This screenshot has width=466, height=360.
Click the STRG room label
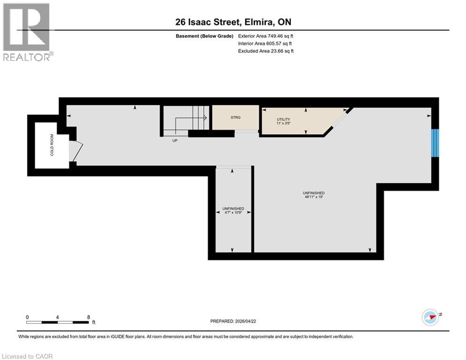pos(236,118)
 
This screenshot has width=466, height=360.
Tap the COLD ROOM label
pos(52,145)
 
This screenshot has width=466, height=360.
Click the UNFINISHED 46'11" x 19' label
pos(314,195)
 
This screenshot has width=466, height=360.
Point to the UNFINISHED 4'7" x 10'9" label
pos(232,210)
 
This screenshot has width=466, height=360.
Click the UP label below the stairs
pos(175,140)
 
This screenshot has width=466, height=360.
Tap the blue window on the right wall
pos(435,143)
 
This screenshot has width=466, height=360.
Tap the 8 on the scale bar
pos(89,317)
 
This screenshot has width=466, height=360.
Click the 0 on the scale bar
pos(27,317)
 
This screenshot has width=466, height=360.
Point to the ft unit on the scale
pos(94,322)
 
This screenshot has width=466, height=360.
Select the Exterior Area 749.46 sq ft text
pos(266,36)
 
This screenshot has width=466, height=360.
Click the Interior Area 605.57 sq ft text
pos(266,44)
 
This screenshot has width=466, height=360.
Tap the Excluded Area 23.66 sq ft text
pos(266,51)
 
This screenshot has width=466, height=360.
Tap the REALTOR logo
pos(27,33)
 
